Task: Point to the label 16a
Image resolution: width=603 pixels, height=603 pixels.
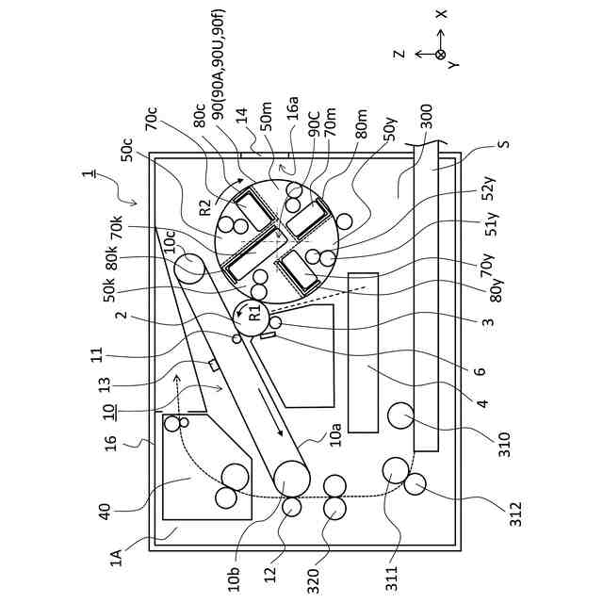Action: click(x=293, y=110)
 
